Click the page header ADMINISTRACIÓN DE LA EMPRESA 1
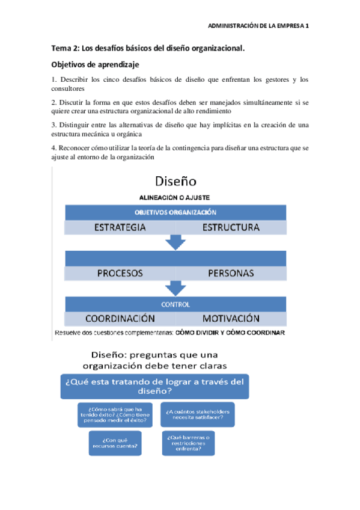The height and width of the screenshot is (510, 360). [258, 26]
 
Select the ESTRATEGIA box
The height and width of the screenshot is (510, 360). [120, 228]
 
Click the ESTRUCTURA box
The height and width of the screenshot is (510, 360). [231, 228]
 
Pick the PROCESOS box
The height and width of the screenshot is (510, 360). [120, 273]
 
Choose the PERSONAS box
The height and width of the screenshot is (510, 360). [231, 273]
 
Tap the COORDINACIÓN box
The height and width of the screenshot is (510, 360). [120, 319]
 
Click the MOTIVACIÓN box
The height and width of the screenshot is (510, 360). [231, 319]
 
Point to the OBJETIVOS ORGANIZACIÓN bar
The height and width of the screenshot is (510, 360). [175, 212]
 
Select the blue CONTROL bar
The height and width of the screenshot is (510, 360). [175, 304]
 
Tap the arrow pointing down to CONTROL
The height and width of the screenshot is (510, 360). [175, 288]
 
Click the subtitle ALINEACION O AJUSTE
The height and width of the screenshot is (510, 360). [174, 197]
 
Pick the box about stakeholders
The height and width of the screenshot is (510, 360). [198, 414]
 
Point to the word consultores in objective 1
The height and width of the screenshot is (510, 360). [68, 89]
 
